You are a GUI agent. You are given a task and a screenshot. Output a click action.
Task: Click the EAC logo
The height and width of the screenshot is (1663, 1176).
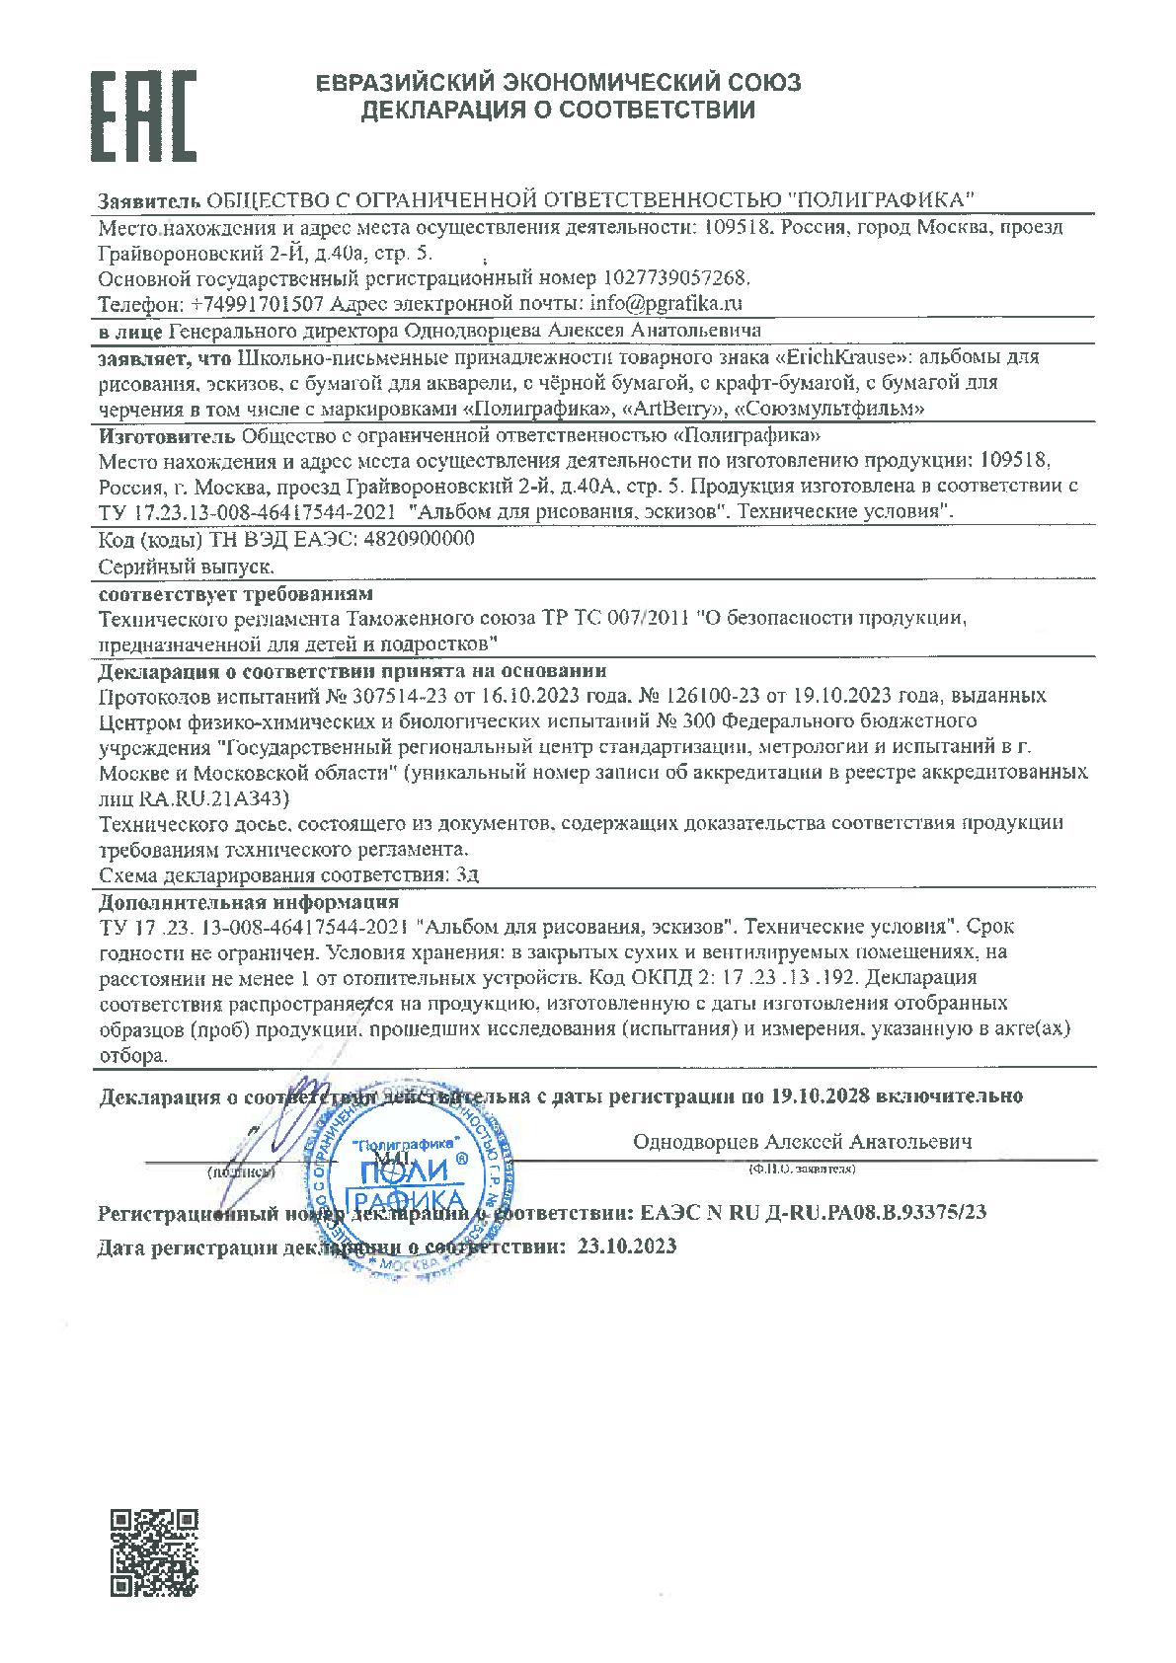tap(143, 115)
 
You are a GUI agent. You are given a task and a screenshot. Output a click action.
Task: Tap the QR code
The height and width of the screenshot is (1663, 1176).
tap(152, 1553)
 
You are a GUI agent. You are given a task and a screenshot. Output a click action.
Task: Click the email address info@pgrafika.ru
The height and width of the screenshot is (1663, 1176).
tap(666, 302)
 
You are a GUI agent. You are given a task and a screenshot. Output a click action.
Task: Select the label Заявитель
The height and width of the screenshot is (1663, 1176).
tap(149, 200)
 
